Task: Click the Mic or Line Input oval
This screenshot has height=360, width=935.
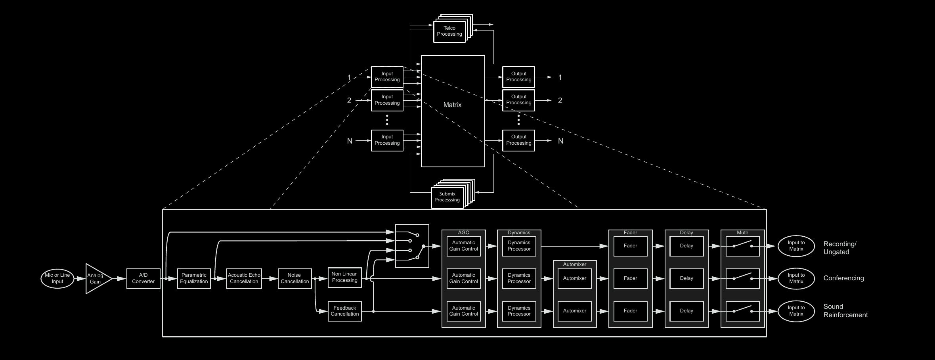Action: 57,278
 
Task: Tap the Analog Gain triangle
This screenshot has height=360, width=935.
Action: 96,279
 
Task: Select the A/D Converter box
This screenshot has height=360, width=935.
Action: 143,278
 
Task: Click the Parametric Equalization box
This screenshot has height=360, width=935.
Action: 194,278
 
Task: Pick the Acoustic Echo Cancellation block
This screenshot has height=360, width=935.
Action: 244,278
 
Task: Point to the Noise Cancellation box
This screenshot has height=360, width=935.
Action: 294,278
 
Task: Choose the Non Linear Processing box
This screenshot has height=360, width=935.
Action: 344,277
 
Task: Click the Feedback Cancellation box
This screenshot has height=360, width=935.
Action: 344,311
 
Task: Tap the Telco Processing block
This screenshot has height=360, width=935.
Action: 449,31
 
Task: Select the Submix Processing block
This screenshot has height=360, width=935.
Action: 447,197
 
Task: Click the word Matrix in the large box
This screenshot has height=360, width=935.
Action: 452,105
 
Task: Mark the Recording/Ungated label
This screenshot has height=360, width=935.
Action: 839,248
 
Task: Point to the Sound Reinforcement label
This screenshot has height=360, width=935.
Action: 845,311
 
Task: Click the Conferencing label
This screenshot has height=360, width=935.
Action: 843,278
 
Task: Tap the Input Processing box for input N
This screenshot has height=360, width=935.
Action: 387,140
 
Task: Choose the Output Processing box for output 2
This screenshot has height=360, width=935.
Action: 518,100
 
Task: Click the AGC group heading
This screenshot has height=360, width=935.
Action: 463,233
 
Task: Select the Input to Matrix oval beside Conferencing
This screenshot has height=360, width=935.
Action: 796,278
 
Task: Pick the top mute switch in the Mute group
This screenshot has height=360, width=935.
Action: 742,246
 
